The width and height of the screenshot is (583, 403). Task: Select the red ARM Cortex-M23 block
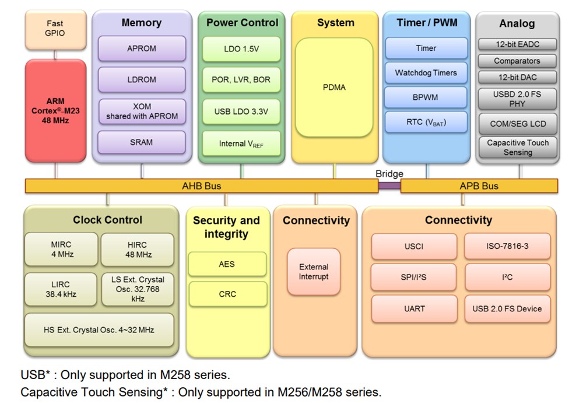55,110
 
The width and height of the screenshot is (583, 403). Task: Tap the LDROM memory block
142,79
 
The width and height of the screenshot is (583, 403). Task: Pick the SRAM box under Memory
142,142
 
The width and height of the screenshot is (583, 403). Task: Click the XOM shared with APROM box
142,111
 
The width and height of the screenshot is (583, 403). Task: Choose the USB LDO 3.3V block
241,112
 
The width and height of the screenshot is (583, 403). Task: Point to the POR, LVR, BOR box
241,79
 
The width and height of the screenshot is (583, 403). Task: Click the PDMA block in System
334,88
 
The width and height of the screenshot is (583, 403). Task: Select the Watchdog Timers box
426,73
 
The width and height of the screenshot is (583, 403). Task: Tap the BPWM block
426,98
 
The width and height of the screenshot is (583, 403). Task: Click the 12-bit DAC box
517,77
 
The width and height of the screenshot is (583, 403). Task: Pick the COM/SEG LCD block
518,124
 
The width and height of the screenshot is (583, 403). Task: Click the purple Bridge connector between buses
389,186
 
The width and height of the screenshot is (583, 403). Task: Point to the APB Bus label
479,186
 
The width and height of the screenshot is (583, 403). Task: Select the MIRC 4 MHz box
61,250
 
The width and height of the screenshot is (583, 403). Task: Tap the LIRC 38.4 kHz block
61,289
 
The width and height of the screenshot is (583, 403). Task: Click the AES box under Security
227,264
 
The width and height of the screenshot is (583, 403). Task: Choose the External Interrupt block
314,272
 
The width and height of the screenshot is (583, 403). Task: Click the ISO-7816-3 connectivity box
507,246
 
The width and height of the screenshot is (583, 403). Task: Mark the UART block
415,308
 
